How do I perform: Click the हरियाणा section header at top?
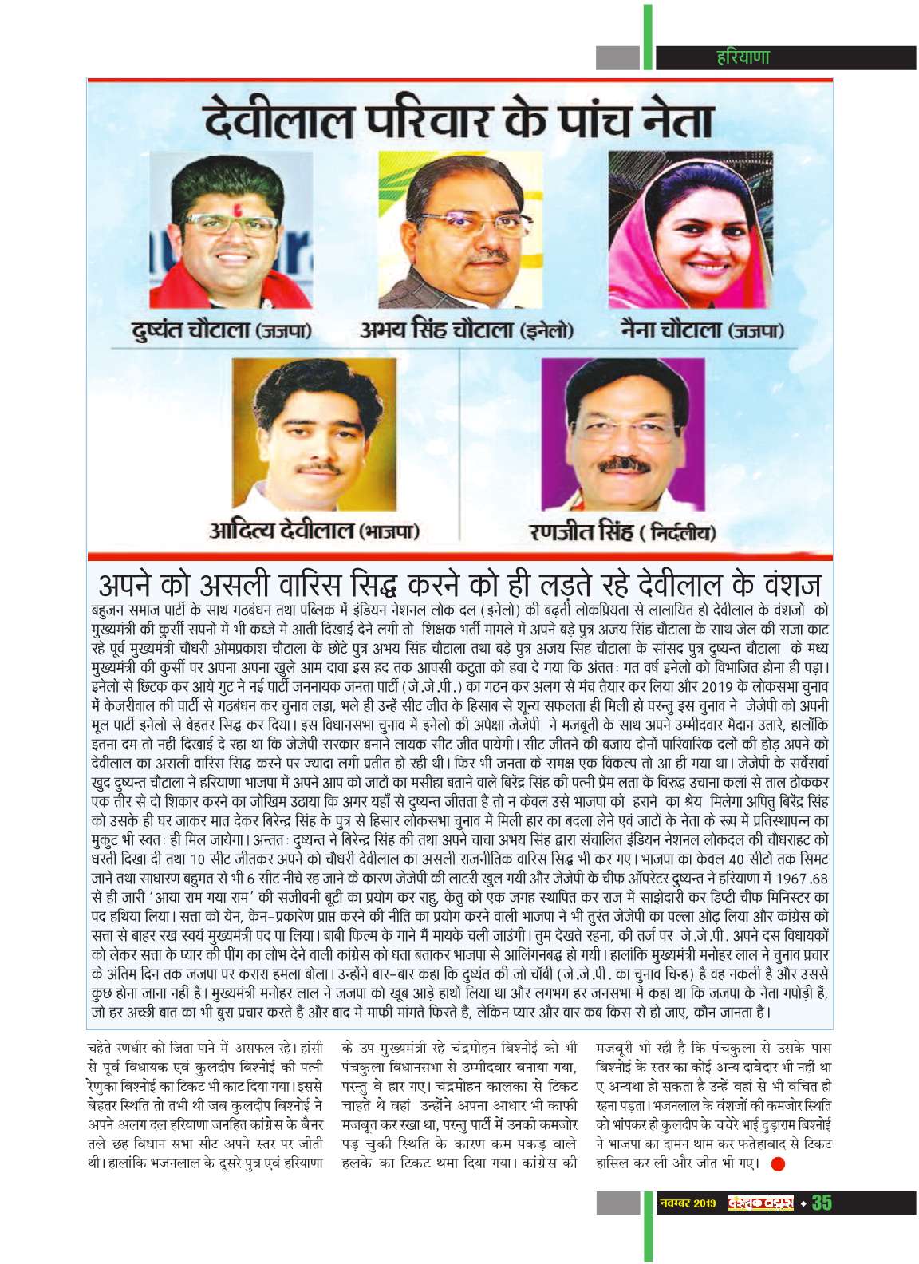[x=742, y=57]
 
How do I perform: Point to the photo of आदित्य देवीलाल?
[x=314, y=435]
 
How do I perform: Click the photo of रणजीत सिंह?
[x=622, y=435]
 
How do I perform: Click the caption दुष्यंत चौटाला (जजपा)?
[x=222, y=330]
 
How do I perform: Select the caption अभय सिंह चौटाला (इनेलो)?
[x=467, y=330]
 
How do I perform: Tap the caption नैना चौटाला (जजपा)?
[x=702, y=330]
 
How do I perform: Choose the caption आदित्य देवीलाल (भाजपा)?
[x=314, y=530]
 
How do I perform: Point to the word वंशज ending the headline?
[x=786, y=585]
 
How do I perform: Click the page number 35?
[x=822, y=1203]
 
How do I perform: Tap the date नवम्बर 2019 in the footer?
[x=688, y=1203]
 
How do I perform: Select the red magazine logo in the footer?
[x=760, y=1203]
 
